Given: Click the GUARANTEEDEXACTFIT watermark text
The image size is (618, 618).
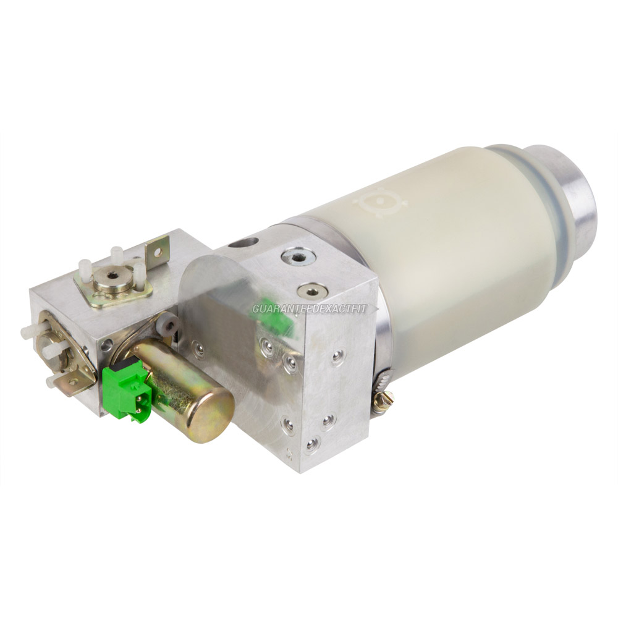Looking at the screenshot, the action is (x=310, y=308).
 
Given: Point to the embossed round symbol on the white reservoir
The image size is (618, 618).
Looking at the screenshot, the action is (x=380, y=203).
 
